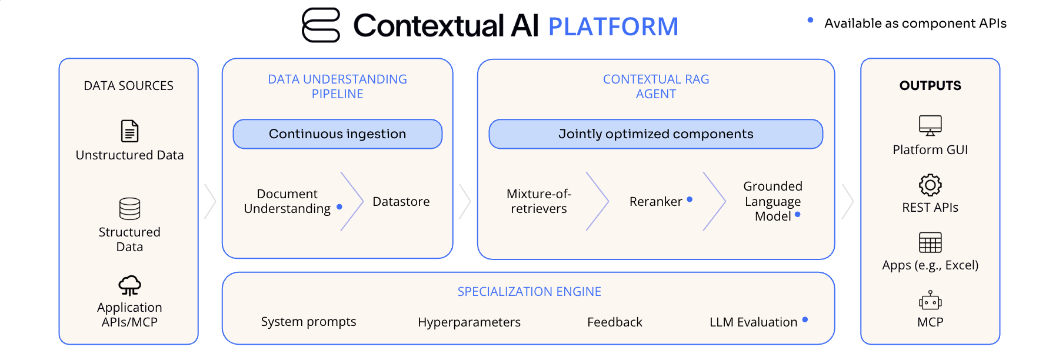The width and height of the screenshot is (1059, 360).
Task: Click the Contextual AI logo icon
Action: tap(321, 25)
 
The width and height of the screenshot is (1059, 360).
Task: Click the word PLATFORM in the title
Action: tap(613, 27)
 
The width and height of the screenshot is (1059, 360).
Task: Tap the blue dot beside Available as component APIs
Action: tap(810, 21)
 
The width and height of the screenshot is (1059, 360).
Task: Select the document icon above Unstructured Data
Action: tap(129, 131)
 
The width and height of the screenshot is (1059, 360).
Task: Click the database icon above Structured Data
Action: tap(129, 208)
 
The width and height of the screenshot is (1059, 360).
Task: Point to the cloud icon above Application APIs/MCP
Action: tap(129, 285)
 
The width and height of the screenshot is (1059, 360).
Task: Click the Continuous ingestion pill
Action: tap(337, 134)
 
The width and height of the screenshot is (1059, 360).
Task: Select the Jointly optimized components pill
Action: tap(655, 134)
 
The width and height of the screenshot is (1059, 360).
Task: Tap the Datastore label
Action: tap(401, 202)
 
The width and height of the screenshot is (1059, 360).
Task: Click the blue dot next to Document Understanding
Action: tap(339, 207)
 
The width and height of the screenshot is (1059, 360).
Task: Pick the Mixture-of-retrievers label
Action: tap(538, 201)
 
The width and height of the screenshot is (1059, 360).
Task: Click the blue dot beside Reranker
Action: tap(690, 199)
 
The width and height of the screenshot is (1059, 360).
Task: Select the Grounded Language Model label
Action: tap(772, 201)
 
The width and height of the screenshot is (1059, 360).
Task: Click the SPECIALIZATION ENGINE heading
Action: tap(529, 292)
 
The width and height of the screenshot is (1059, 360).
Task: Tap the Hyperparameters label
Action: tap(469, 322)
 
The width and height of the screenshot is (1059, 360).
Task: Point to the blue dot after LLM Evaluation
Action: tap(805, 320)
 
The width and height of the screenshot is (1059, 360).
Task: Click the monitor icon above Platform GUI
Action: tap(930, 125)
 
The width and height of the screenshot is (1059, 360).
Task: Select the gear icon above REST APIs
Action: tap(930, 185)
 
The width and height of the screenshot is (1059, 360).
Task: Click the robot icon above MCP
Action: tap(930, 301)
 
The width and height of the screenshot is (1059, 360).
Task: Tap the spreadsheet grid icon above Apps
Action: tap(930, 242)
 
